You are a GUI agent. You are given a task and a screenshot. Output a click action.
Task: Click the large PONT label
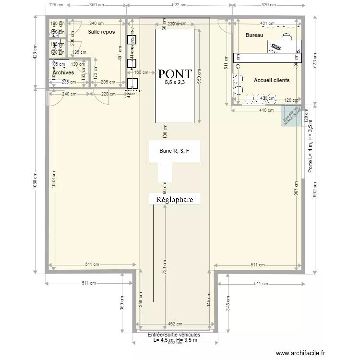[175, 74]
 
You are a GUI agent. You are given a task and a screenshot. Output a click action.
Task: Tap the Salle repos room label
[101, 32]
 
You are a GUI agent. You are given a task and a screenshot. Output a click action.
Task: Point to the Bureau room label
[254, 36]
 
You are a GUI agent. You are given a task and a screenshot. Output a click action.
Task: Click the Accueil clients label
[271, 80]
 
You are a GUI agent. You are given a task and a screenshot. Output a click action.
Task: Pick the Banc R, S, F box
[174, 151]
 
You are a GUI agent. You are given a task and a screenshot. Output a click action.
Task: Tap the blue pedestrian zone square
[291, 115]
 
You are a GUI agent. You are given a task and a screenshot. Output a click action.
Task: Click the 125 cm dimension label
[57, 5]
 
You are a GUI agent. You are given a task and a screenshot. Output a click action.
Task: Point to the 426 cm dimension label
[268, 5]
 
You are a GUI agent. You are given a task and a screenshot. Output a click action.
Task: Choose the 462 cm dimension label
[175, 324]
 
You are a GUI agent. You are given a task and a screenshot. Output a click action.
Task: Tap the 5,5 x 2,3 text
[174, 83]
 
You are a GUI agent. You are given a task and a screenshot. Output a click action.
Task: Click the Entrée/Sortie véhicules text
[174, 335]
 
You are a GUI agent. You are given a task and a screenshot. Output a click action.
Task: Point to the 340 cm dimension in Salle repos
[96, 23]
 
